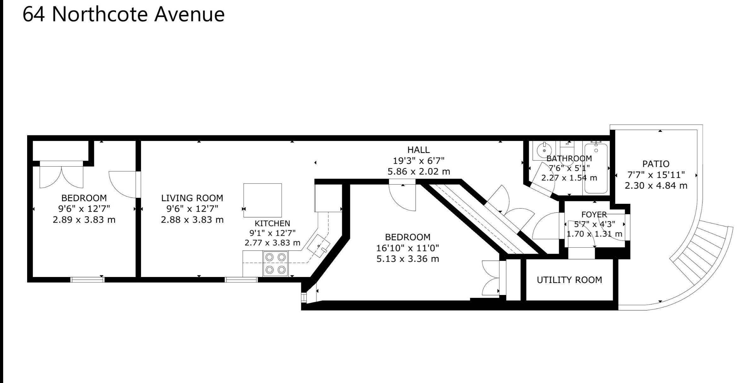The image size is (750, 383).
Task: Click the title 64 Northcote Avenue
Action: (124, 14)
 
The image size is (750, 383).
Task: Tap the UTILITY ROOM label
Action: (569, 280)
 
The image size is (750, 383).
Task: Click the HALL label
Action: (418, 150)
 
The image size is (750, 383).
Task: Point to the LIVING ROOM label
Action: (192, 198)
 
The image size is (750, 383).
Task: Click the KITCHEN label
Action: (272, 223)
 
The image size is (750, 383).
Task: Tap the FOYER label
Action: (594, 215)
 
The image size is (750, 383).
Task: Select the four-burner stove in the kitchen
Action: (275, 263)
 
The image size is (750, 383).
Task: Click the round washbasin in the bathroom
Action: (544, 151)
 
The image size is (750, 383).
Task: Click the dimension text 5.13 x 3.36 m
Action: (407, 259)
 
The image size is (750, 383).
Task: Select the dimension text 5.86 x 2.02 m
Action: (419, 172)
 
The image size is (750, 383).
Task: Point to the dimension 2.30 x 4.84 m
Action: (656, 186)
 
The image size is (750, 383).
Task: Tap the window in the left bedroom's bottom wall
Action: (87, 280)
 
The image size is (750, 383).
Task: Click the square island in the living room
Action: (262, 200)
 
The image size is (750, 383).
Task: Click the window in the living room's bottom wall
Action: (241, 280)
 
